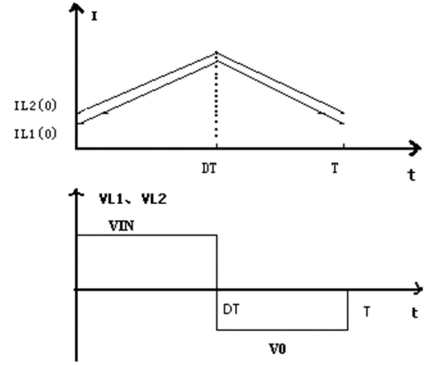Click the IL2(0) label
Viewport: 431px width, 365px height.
coord(35,105)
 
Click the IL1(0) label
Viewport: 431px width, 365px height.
coord(35,133)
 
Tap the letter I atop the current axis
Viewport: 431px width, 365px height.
coord(94,16)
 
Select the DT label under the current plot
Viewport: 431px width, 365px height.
coord(209,168)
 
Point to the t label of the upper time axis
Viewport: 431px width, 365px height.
coord(412,175)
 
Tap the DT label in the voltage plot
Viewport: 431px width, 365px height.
coord(232,310)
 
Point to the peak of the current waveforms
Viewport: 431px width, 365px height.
coord(217,54)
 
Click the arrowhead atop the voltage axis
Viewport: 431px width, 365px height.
coord(76,193)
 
